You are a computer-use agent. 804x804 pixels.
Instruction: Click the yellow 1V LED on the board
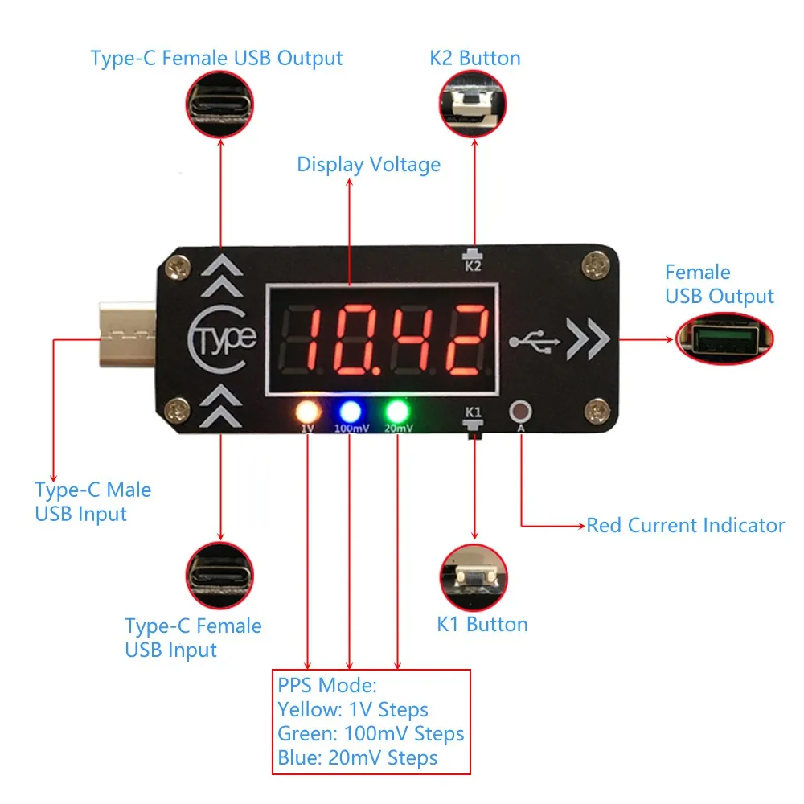coord(307,411)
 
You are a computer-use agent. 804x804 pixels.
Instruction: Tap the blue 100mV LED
coord(351,411)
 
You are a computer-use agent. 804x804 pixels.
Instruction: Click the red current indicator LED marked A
coord(521,412)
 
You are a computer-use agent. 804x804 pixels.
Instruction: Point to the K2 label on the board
coord(473,266)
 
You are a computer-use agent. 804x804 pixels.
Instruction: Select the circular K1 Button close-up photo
coord(474,577)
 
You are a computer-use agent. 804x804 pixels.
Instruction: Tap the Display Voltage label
coord(369,165)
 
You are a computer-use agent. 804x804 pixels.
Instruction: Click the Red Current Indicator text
coord(685,526)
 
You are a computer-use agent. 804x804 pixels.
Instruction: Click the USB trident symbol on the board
coord(535,341)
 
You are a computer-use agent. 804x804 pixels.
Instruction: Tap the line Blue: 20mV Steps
coord(357,757)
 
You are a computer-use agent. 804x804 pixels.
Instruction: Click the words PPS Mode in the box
coord(326,686)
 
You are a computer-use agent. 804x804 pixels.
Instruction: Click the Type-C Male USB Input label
coord(92,502)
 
